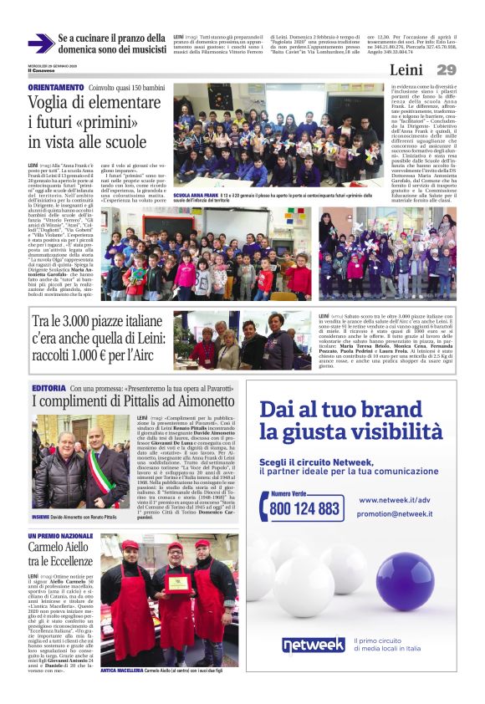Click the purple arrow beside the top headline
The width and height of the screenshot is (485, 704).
pyautogui.click(x=40, y=43)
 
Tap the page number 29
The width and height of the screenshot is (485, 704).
pyautogui.click(x=446, y=70)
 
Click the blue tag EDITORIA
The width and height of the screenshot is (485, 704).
pyautogui.click(x=48, y=389)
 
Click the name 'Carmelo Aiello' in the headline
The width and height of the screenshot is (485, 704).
pyautogui.click(x=58, y=548)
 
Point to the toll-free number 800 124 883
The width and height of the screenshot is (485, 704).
pyautogui.click(x=306, y=508)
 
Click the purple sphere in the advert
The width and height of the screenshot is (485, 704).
pyautogui.click(x=404, y=577)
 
